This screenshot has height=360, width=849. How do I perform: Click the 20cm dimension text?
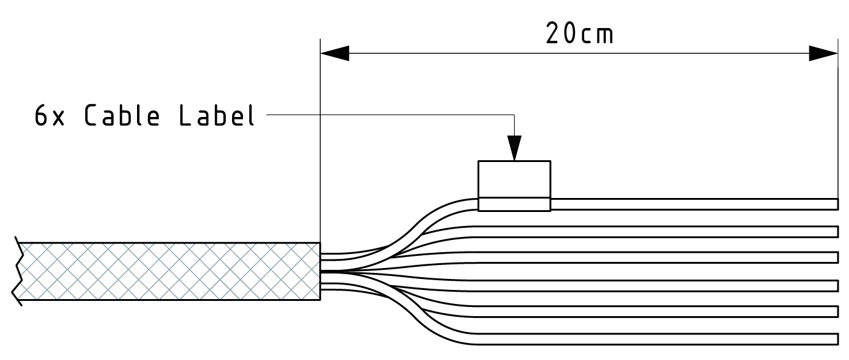click(579, 34)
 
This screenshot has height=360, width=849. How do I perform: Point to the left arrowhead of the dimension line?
click(334, 53)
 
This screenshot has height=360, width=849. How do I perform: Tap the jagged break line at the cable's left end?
click(18, 271)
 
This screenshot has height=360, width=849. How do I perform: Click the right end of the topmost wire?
click(836, 204)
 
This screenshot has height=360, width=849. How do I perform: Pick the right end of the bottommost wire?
click(836, 339)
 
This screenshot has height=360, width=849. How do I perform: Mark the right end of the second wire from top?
click(836, 231)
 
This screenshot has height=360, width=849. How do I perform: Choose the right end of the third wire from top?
click(836, 258)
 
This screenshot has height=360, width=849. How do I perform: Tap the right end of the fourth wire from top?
click(836, 285)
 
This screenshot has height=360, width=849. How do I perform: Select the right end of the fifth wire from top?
click(836, 312)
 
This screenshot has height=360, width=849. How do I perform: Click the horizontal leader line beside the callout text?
click(390, 114)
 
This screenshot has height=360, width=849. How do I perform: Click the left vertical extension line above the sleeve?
click(320, 140)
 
